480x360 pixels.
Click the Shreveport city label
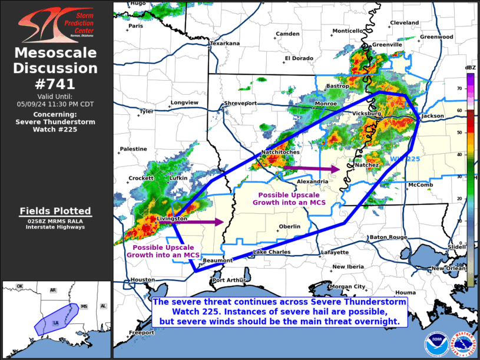(241, 103)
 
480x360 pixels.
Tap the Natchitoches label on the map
(280, 152)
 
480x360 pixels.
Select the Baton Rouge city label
(388, 237)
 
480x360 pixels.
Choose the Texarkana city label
(226, 43)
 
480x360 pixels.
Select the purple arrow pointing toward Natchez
(312, 169)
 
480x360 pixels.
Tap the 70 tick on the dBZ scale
(459, 88)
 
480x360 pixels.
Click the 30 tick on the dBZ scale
(459, 176)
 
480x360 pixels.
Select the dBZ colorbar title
(470, 68)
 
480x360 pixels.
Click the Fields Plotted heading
(55, 211)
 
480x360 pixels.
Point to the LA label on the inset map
(55, 323)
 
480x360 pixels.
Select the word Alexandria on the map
(312, 181)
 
